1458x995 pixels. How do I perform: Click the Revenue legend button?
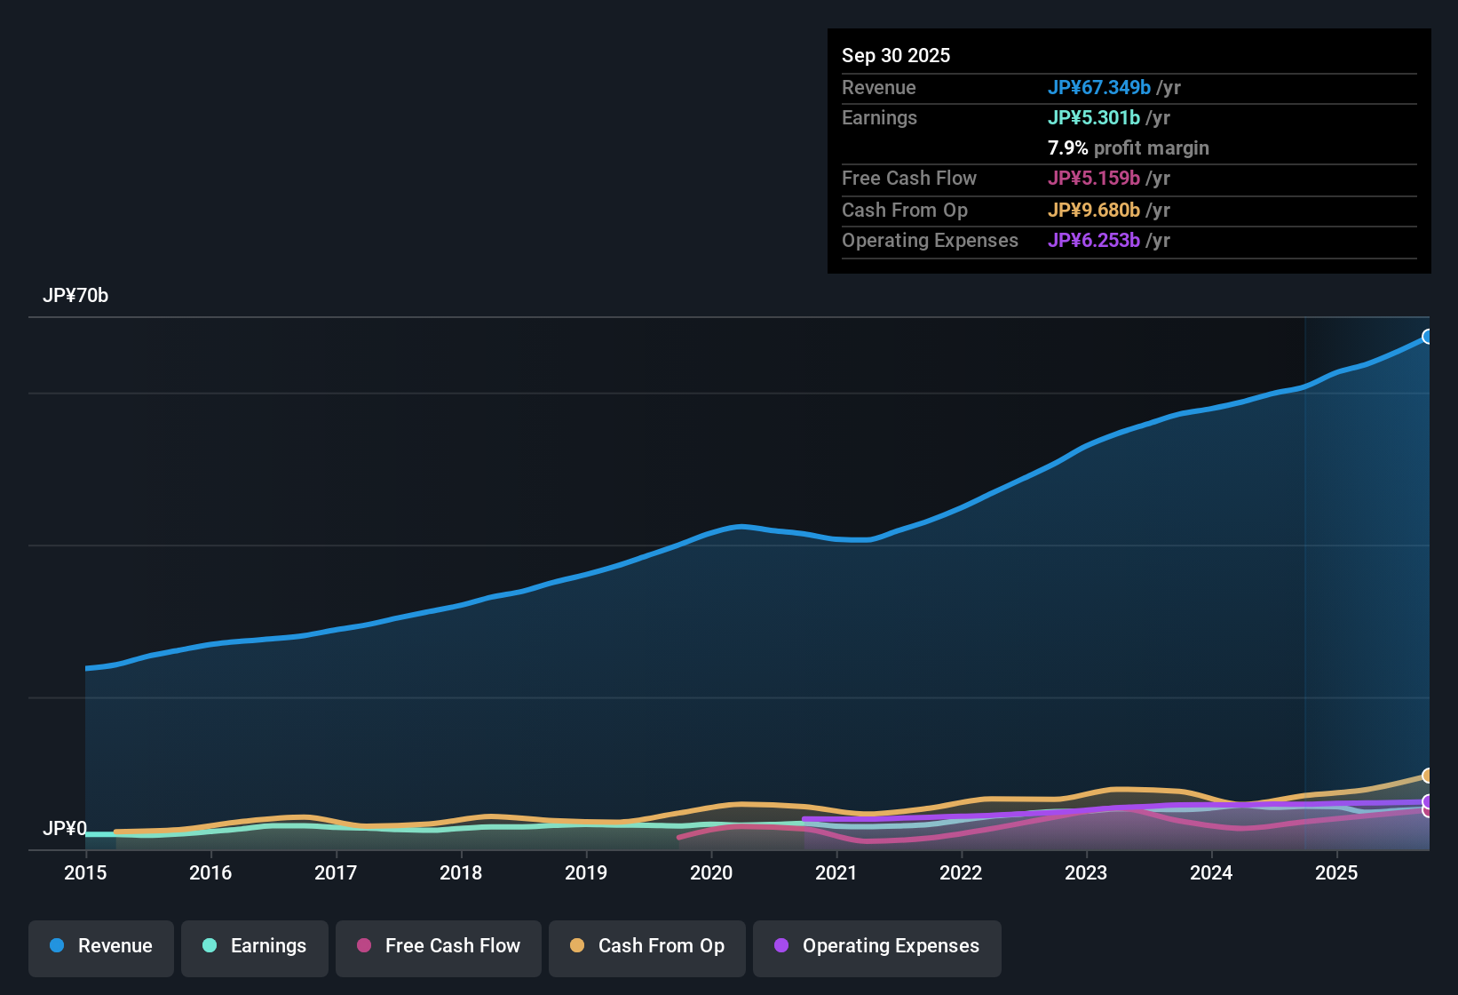101,946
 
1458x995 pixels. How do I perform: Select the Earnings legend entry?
255,946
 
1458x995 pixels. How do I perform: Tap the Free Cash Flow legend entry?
439,946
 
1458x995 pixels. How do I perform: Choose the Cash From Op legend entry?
647,946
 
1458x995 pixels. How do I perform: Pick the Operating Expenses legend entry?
877,946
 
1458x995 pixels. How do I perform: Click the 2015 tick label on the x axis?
85,872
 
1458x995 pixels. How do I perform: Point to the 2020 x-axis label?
711,872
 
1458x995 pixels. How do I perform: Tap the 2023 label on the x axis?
1086,872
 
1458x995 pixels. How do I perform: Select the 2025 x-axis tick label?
1336,872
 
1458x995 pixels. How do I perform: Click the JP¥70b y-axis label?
75,296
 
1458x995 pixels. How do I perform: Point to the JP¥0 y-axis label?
64,829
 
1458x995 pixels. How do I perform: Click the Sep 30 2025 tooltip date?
896,55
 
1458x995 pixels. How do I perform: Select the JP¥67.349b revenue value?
1099,87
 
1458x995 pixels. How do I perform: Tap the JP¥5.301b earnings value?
1094,117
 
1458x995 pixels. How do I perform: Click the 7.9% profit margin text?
1129,147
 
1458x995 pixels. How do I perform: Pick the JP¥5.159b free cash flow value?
1094,178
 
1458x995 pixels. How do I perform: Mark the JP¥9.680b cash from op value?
1094,210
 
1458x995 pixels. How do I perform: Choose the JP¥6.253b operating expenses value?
1094,240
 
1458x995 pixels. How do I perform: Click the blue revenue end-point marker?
1428,337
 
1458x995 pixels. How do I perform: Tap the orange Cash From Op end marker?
1428,776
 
